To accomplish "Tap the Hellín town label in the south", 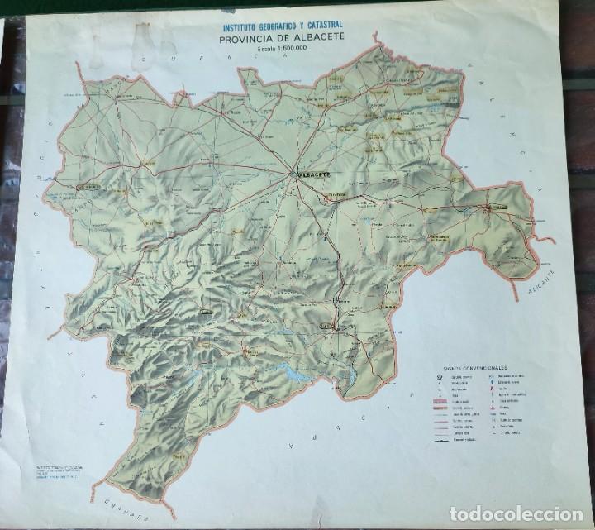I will click(328, 326).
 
